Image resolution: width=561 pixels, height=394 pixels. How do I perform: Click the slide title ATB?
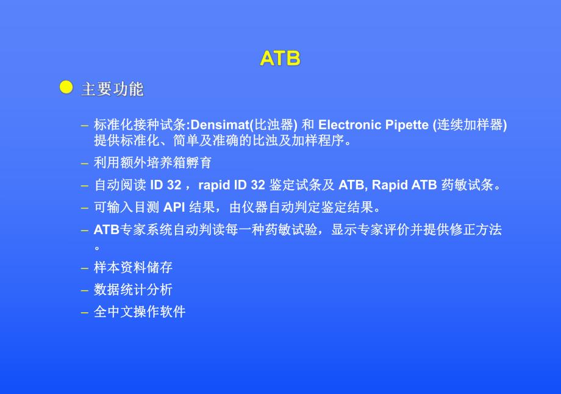coord(280,58)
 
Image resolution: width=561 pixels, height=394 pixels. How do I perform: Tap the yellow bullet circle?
coord(66,87)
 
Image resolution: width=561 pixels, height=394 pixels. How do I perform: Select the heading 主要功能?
coord(112,89)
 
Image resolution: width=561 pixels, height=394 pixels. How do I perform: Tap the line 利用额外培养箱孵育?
coord(152,163)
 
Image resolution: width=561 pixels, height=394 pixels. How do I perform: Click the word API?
coord(174,207)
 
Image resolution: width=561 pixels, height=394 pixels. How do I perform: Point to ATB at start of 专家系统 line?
coord(107,230)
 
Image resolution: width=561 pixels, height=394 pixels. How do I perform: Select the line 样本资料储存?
coord(133,267)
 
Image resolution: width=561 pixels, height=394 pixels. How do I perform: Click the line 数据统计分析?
coord(133,290)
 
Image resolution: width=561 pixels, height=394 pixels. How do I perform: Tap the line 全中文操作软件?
coord(140,312)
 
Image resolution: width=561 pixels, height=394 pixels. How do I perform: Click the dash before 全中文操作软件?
coord(85,312)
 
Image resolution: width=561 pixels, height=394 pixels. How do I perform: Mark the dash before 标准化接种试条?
coord(85,126)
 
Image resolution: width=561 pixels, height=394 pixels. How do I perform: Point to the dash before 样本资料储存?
coord(85,268)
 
